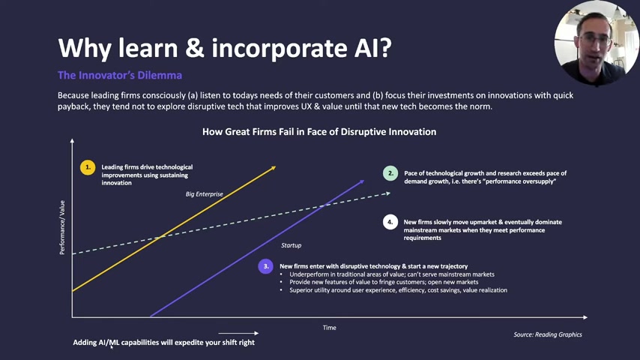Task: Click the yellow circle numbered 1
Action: point(88,167)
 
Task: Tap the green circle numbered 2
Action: point(390,173)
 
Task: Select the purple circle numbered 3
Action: point(266,266)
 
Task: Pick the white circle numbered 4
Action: point(390,222)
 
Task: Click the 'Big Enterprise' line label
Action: point(205,194)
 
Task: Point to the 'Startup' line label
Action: point(291,245)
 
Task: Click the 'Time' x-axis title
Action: point(330,328)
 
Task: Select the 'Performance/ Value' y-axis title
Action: point(62,227)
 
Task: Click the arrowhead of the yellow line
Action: point(273,168)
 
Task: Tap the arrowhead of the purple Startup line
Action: point(361,181)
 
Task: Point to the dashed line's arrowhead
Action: point(387,193)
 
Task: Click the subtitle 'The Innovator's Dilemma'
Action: point(120,75)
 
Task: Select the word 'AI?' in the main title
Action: point(370,48)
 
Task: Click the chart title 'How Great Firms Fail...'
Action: point(319,131)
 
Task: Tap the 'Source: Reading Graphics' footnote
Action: point(548,334)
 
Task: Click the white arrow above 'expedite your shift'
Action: point(238,334)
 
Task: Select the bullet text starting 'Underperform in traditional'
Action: point(392,274)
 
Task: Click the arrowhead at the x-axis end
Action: point(585,317)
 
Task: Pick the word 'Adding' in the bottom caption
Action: point(85,343)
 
